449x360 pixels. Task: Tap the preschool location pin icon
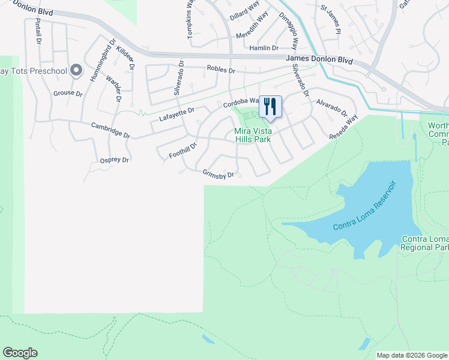pos(76,71)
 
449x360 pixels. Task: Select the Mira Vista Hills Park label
pos(252,135)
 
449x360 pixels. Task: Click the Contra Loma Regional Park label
pos(424,243)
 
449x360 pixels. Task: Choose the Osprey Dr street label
pos(114,160)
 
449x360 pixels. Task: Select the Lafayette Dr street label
pos(177,115)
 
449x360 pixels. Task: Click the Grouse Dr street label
pos(68,93)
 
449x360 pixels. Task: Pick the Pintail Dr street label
pos(37,31)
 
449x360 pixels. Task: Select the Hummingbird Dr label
pos(102,61)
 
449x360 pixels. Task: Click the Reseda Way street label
pos(343,127)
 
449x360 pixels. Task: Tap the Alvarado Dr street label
pos(332,108)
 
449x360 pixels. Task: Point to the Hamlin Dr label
pos(264,48)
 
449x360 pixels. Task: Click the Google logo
pos(20,353)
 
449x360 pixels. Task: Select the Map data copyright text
pos(412,355)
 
